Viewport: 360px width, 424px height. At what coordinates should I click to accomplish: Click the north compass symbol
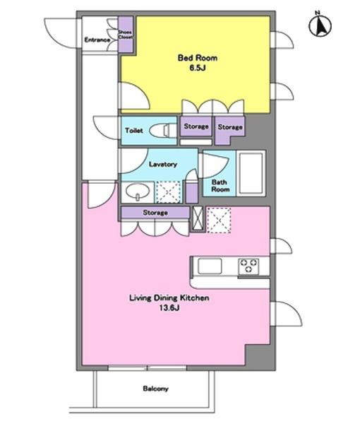tap(320, 24)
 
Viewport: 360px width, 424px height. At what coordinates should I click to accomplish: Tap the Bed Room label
tap(198, 58)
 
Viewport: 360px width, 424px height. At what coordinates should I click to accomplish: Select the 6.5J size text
tap(198, 68)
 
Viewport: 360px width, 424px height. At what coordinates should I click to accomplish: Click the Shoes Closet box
tap(126, 35)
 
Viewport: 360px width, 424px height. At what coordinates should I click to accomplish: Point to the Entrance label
tap(97, 40)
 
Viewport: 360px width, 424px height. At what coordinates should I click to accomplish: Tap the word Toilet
tap(134, 131)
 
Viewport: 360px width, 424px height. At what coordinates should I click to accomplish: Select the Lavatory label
tap(163, 164)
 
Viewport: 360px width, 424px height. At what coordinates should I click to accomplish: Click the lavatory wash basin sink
tap(138, 192)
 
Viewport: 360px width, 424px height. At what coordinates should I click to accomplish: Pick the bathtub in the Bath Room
tap(251, 173)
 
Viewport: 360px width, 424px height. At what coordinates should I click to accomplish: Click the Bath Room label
tap(220, 186)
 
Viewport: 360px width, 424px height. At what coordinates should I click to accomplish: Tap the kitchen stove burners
tap(248, 266)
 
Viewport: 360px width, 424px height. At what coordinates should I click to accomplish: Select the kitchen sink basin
tap(210, 266)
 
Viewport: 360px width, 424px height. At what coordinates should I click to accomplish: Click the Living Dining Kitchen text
tap(169, 298)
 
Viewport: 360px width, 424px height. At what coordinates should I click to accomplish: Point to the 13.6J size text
tap(169, 308)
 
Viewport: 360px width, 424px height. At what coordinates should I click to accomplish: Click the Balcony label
tap(155, 389)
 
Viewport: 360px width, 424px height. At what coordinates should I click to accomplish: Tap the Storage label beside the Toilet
tap(196, 126)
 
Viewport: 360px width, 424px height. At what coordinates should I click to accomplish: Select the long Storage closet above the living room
tap(155, 213)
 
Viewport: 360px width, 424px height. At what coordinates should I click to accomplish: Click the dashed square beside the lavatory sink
tap(169, 192)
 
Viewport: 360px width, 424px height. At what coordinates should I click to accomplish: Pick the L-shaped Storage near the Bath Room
tap(229, 130)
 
